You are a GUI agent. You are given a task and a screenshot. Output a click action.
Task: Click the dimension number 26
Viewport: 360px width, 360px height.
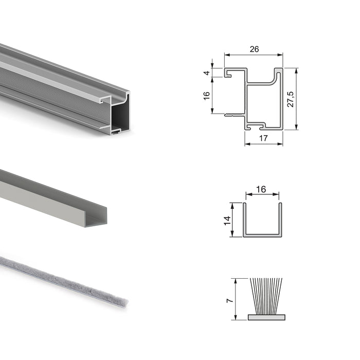pos(254,49)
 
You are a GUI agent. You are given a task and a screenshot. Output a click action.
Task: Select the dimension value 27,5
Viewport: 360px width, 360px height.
pos(291,99)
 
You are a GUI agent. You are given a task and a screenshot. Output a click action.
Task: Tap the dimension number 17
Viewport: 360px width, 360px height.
pos(263,137)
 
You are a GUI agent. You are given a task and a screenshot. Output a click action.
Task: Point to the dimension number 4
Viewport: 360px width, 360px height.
pos(207,73)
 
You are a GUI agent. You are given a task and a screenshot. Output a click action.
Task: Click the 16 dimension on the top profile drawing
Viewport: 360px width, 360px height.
pos(207,96)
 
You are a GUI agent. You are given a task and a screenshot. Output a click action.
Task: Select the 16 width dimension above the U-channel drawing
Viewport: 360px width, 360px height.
pos(261,189)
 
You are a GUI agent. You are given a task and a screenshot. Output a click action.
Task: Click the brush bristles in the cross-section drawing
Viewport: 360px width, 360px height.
pos(265,296)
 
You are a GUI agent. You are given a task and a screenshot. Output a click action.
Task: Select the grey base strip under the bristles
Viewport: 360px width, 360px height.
pos(265,317)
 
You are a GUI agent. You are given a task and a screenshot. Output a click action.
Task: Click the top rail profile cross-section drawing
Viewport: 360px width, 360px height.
pos(262,98)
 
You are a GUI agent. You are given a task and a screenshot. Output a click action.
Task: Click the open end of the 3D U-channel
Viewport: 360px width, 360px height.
pos(97,218)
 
